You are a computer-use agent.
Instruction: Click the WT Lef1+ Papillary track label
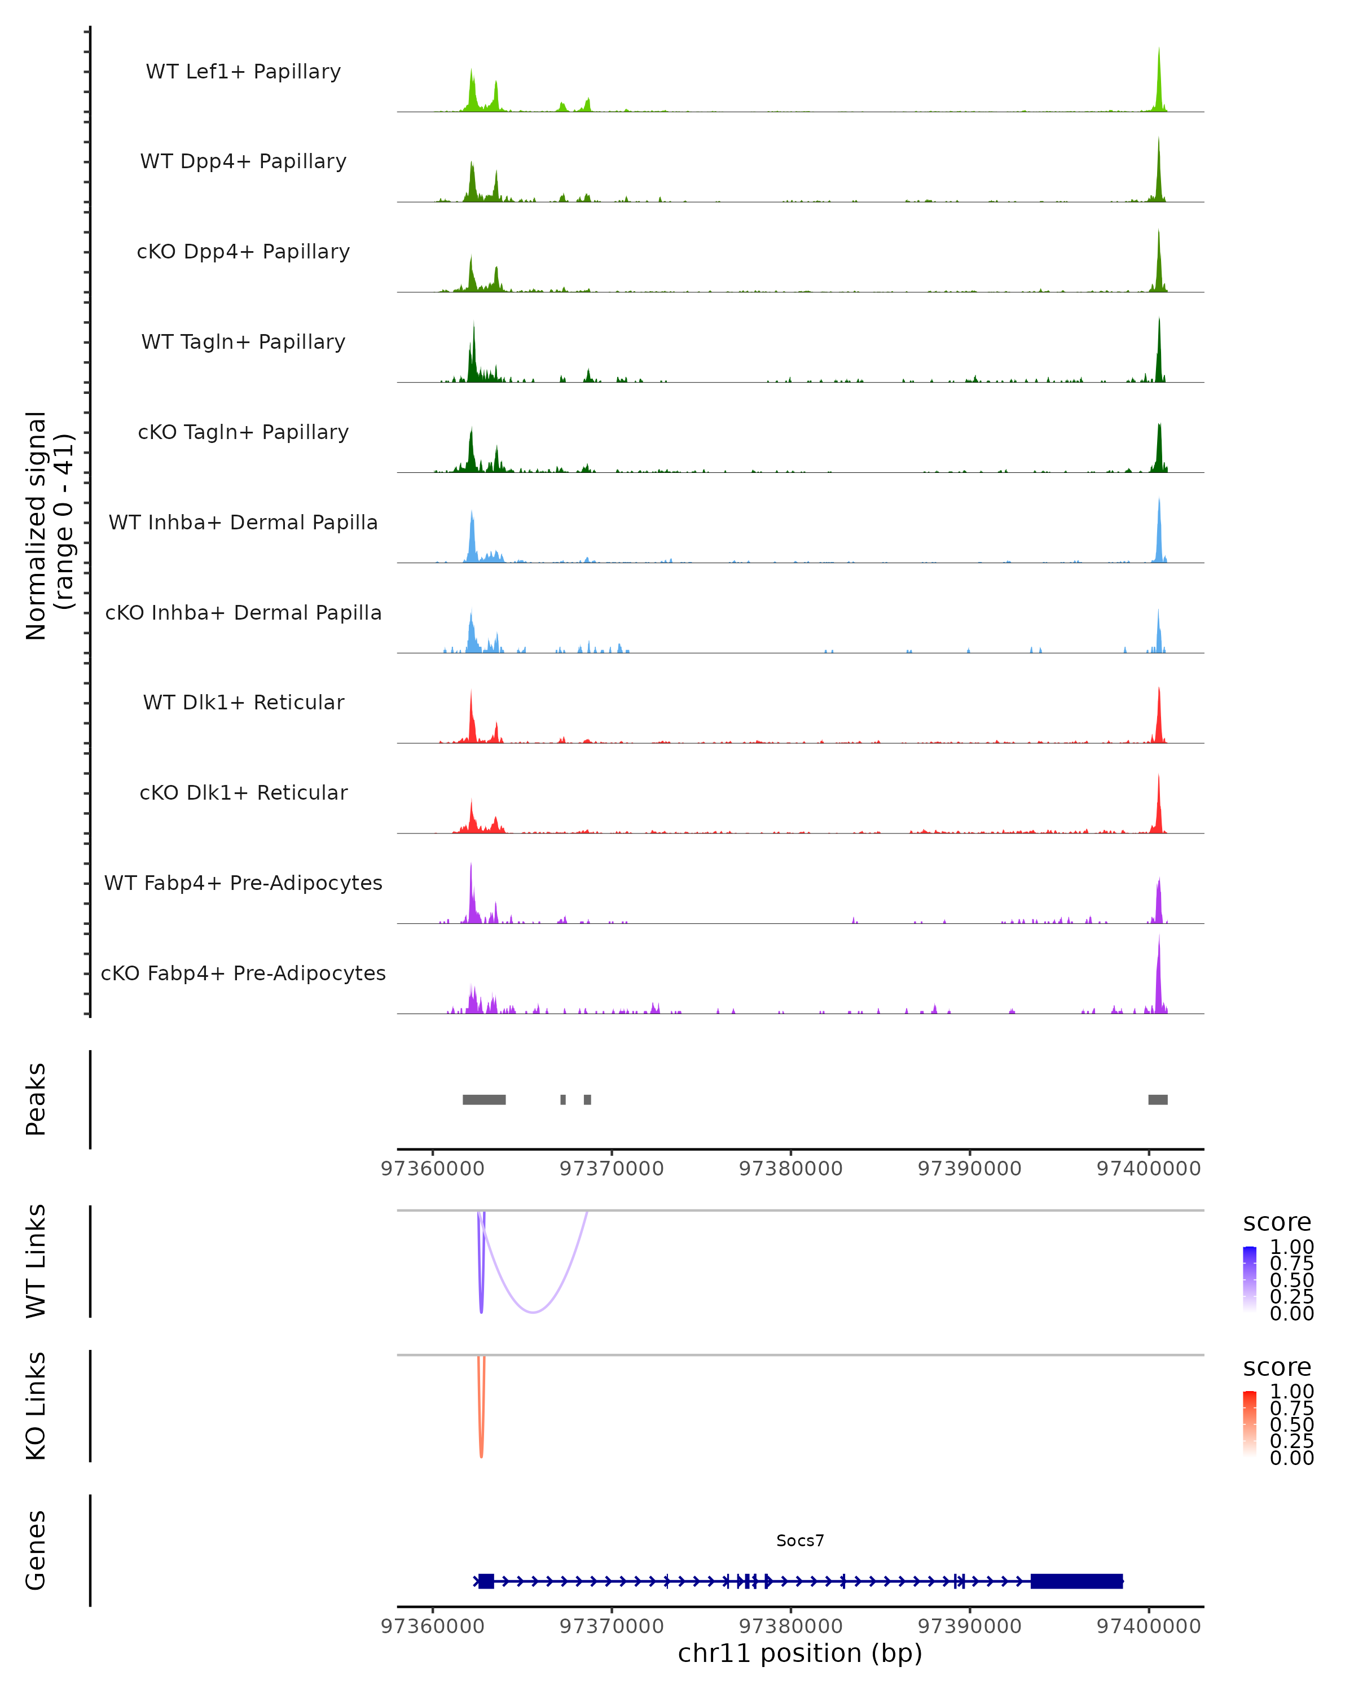tap(243, 72)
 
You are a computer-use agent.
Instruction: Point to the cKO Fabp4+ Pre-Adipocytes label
tap(243, 973)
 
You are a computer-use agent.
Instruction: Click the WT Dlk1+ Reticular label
tap(243, 703)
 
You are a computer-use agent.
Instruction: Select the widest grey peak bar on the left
tap(483, 1099)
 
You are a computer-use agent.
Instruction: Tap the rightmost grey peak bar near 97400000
tap(1157, 1099)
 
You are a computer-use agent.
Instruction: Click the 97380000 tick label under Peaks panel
tap(790, 1169)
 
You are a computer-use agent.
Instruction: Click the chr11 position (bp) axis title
tap(800, 1653)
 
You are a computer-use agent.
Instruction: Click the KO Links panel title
tap(36, 1406)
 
